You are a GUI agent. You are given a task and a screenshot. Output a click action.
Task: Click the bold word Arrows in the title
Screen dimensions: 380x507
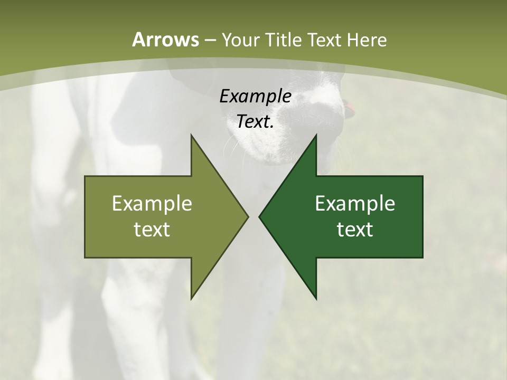point(165,40)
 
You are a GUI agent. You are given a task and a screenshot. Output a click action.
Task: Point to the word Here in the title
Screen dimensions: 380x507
point(368,40)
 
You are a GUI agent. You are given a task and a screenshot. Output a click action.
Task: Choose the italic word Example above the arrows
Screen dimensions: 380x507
point(256,97)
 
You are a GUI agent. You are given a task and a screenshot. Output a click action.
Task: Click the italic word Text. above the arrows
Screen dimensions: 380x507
point(256,122)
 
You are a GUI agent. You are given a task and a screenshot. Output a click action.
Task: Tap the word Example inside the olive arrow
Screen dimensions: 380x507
point(152,204)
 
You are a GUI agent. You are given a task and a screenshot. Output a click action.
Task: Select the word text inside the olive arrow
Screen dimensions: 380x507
point(152,230)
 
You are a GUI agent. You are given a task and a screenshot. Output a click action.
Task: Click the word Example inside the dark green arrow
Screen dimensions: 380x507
point(355,204)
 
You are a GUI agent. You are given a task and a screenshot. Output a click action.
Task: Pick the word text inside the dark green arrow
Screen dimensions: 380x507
point(355,230)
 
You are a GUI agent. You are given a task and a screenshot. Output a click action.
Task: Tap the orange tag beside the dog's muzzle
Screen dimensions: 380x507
point(350,109)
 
